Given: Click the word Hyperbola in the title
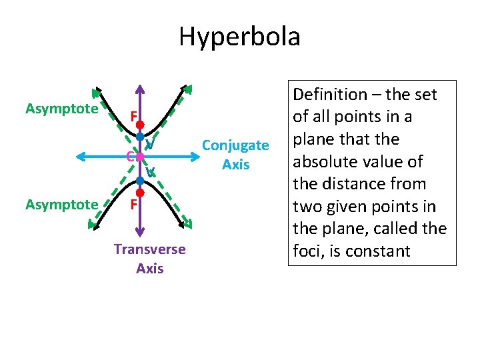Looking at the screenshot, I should click(239, 36).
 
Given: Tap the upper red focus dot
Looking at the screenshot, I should click(141, 124).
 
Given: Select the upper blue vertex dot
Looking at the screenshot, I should click(141, 137).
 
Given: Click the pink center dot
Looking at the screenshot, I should click(141, 157).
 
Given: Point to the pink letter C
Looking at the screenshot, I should click(131, 157).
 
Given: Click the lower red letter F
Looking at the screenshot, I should click(133, 204).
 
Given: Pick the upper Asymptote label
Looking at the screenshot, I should click(61, 109).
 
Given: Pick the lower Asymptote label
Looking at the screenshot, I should click(61, 204).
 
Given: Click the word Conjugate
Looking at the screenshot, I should click(235, 145).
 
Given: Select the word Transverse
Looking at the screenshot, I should click(149, 249).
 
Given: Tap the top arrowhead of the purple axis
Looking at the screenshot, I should click(141, 89).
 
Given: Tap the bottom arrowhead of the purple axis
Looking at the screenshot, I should click(141, 232).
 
